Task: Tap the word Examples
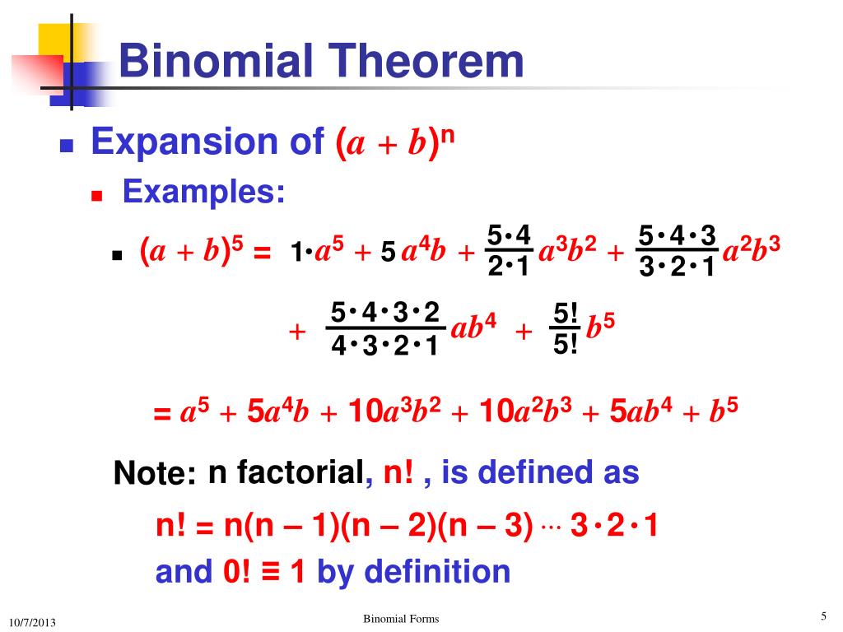click(x=204, y=192)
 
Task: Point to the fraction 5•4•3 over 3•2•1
click(x=677, y=253)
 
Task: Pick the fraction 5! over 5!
click(x=566, y=329)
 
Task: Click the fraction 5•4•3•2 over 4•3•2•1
click(x=384, y=329)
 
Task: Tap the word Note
click(x=154, y=474)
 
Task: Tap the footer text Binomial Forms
click(x=401, y=619)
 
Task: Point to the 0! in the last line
click(x=236, y=571)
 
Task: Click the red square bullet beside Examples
click(x=96, y=197)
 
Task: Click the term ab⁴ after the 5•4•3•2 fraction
click(x=473, y=329)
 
